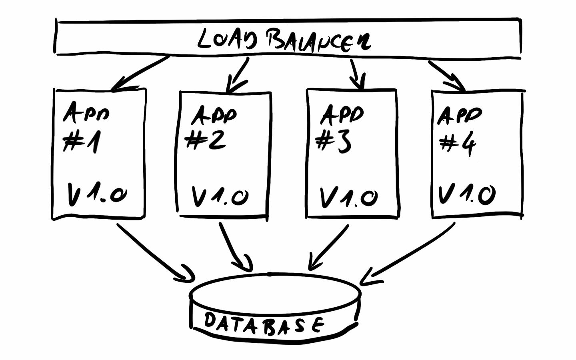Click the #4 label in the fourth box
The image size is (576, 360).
pos(458,144)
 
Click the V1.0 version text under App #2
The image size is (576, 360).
pos(220,196)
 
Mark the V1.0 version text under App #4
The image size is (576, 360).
pos(467,195)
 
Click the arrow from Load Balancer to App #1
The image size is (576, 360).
pos(140,73)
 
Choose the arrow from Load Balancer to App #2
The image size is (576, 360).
pos(238,75)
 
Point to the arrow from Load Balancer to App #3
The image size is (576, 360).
pos(357,74)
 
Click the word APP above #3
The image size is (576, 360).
pos(342,114)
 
